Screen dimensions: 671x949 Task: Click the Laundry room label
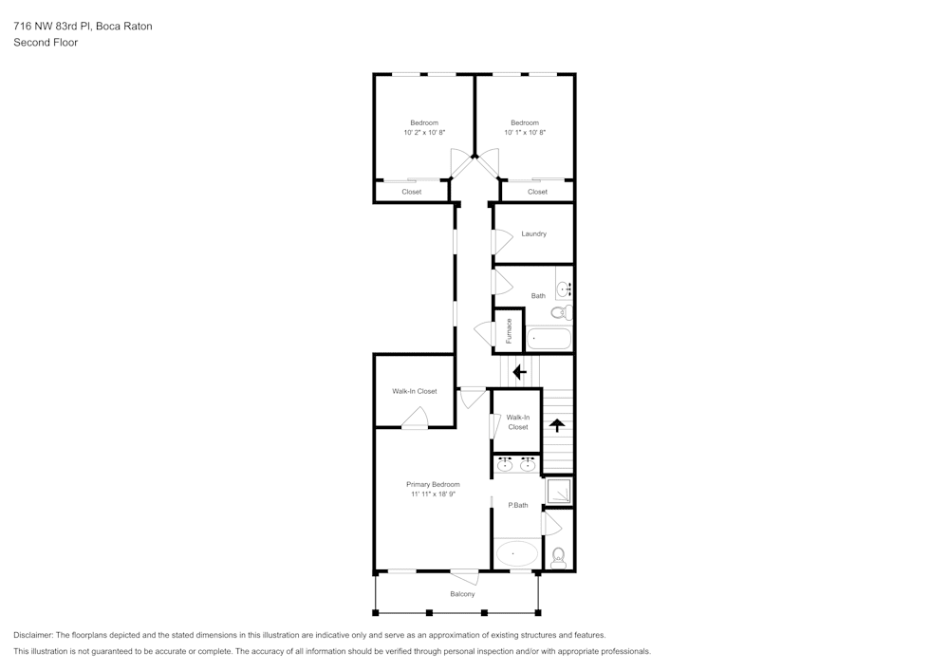[533, 233]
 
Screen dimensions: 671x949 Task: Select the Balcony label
[462, 594]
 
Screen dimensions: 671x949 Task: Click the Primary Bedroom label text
[433, 484]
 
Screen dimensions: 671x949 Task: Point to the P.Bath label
[517, 505]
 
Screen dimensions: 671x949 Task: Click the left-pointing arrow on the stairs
[519, 372]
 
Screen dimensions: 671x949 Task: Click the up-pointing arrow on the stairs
[557, 426]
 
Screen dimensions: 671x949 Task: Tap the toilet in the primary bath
[558, 558]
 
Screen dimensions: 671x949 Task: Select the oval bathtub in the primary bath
[516, 552]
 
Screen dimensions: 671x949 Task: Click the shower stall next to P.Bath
[559, 492]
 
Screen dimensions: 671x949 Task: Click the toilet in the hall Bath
[560, 311]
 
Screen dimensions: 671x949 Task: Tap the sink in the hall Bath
[563, 288]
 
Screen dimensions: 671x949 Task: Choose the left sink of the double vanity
[505, 465]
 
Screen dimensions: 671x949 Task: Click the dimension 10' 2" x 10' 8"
[424, 133]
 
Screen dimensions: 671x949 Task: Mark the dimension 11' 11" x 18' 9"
[433, 494]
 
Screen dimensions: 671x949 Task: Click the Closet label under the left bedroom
[411, 192]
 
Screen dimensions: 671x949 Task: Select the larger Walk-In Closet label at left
[415, 391]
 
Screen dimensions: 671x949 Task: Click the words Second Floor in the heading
[46, 43]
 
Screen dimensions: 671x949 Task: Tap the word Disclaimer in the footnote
[33, 635]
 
